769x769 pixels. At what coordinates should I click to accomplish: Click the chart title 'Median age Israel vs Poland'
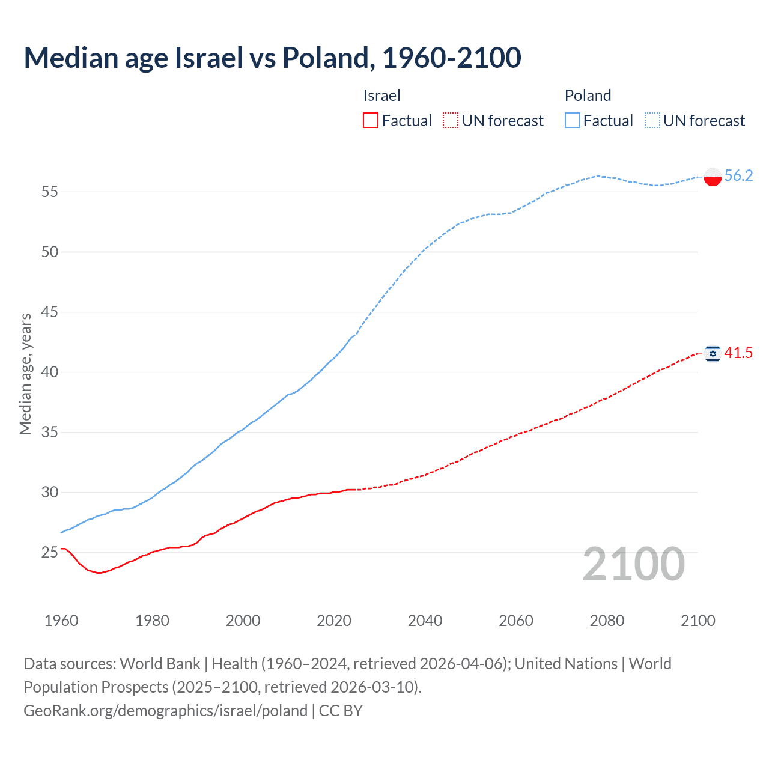coord(272,58)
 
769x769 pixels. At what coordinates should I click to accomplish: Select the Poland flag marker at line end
coord(713,177)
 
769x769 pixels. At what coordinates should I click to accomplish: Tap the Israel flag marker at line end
coord(713,354)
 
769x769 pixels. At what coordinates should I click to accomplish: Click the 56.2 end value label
coord(738,175)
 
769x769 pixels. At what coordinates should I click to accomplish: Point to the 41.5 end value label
coord(738,353)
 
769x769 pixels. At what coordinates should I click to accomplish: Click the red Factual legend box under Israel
coord(371,121)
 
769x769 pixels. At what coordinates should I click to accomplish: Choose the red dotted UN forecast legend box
coord(451,121)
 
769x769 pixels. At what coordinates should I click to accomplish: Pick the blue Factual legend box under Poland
coord(572,121)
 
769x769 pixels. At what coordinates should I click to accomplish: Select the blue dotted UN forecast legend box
coord(652,121)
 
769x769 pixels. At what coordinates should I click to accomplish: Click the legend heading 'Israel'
coord(381,96)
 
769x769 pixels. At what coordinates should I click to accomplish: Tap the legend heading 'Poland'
coord(588,96)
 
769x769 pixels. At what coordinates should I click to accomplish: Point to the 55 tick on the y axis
coord(49,192)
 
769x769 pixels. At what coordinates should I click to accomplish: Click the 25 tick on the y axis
coord(49,552)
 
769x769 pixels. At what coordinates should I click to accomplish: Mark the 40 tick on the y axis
coord(49,372)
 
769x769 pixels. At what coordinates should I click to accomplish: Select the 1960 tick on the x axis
coord(61,621)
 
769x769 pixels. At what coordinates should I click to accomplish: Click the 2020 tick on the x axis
coord(334,621)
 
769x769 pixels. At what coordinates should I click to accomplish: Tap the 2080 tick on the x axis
coord(607,621)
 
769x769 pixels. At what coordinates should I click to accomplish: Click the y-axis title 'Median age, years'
coord(25,374)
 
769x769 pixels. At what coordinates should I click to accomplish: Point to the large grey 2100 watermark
coord(633,564)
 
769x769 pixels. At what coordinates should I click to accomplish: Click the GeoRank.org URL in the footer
coord(165,711)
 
